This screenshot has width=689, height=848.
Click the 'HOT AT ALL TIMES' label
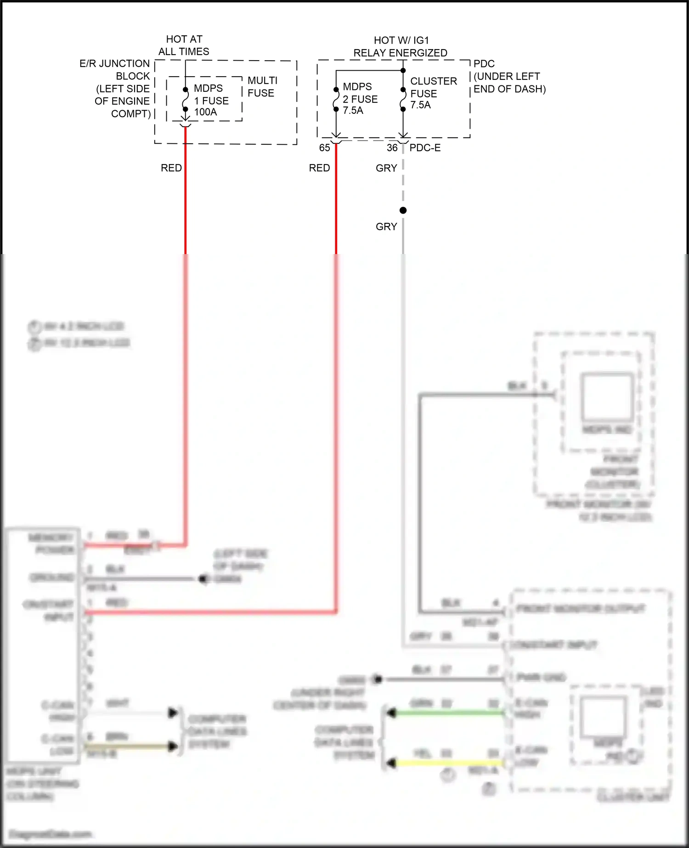pyautogui.click(x=184, y=45)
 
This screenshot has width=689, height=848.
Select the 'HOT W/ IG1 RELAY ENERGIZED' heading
pyautogui.click(x=400, y=46)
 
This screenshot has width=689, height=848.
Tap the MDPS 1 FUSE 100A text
pyautogui.click(x=211, y=100)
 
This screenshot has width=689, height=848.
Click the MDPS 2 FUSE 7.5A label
pyautogui.click(x=360, y=99)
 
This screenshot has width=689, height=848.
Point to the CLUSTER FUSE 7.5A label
pyautogui.click(x=433, y=93)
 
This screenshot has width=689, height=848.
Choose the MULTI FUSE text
pyautogui.click(x=262, y=87)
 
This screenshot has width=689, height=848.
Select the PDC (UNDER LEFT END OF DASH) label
pyautogui.click(x=509, y=76)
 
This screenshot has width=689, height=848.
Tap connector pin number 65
pyautogui.click(x=324, y=148)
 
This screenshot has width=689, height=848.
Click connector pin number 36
pyautogui.click(x=392, y=148)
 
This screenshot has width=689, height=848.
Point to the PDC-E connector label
pyautogui.click(x=425, y=148)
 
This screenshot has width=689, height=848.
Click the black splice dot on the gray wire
pyautogui.click(x=403, y=210)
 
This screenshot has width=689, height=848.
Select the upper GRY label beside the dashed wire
pyautogui.click(x=386, y=168)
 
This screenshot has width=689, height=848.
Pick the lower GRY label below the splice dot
pyautogui.click(x=386, y=226)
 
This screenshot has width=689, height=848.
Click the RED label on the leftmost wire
pyautogui.click(x=171, y=168)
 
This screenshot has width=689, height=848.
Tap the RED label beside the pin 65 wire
pyautogui.click(x=319, y=168)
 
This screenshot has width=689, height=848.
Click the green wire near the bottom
pyautogui.click(x=446, y=713)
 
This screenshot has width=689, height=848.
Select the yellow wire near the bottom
pyautogui.click(x=446, y=763)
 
